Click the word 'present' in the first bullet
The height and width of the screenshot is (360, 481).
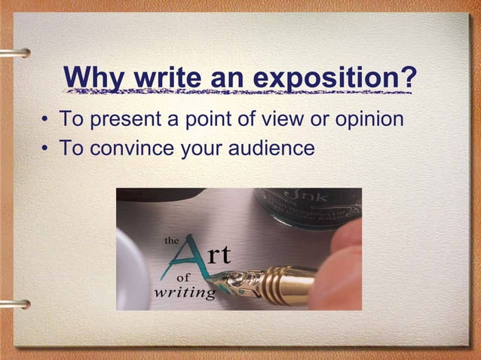124,120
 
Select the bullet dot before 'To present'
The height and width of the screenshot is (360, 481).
46,121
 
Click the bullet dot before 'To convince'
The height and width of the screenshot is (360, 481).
46,148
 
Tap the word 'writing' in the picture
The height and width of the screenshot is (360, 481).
185,292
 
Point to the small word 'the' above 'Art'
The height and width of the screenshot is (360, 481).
172,241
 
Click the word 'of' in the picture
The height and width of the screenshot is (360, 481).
173,277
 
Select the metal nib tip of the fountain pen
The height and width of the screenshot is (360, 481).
227,284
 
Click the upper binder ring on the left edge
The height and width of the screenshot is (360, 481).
17,53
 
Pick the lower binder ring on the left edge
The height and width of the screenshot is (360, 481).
17,304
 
